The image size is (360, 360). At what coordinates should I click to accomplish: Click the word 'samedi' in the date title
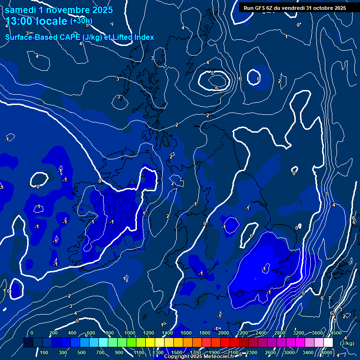[20, 10]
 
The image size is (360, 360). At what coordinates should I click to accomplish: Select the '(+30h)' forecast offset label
[81, 21]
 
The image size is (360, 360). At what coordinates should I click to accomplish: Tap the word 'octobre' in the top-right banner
[318, 8]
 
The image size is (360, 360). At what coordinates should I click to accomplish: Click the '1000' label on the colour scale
[129, 333]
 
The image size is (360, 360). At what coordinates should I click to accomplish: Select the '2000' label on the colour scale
[224, 333]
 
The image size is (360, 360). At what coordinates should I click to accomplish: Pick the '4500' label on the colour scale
[336, 333]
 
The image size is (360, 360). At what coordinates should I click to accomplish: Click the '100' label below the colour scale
[44, 352]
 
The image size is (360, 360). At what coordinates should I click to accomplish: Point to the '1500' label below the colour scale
[176, 352]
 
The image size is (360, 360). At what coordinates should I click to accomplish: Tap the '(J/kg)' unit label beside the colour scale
[347, 343]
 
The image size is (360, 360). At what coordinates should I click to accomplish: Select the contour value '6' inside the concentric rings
[217, 88]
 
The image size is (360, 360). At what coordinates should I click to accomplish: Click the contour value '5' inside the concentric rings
[212, 73]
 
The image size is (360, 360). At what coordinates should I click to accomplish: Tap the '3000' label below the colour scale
[289, 352]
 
